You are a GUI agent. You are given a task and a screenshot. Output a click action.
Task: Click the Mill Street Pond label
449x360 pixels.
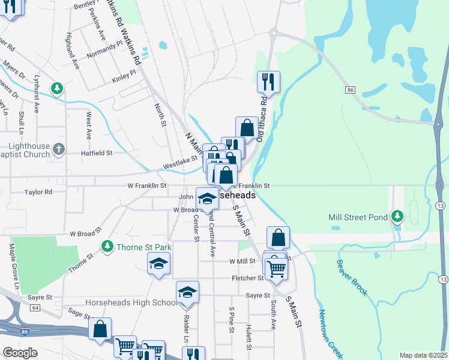358,217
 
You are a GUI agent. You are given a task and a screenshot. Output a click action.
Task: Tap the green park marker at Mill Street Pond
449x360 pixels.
396,215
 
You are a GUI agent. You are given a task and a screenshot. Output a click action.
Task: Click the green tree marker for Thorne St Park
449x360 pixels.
107,246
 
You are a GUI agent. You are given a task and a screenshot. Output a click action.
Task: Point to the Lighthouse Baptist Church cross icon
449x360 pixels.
58,148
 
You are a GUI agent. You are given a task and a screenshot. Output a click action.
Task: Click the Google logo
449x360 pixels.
20,353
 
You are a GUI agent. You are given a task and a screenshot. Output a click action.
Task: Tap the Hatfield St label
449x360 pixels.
97,153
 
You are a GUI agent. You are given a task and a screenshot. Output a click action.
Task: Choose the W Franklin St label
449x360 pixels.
146,186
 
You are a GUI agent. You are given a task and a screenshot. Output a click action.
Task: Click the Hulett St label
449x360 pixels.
249,337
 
